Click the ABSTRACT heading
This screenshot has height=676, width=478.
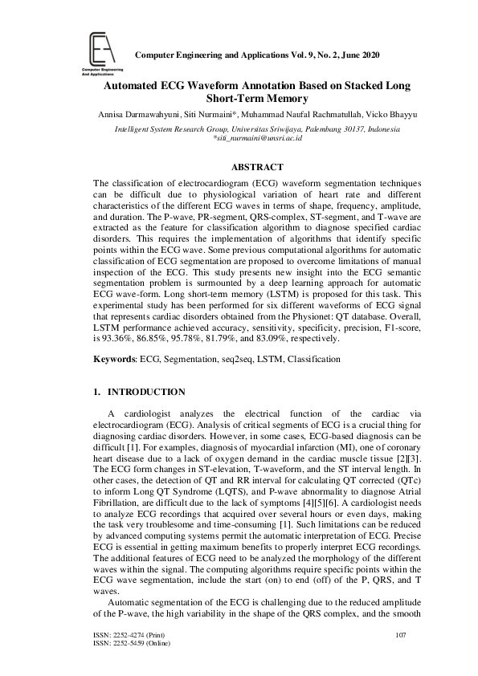coord(257,167)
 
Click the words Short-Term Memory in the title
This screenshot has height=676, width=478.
coord(257,98)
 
